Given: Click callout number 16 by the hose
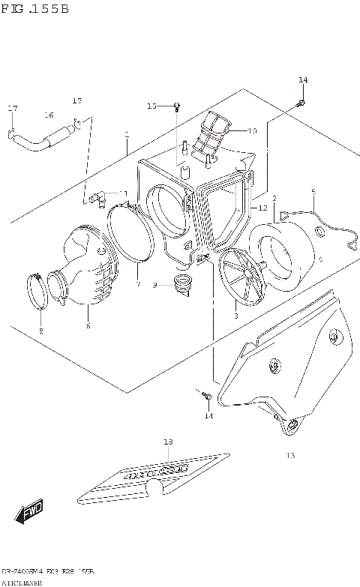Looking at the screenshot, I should [49, 115].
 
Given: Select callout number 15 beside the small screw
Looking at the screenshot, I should [152, 106].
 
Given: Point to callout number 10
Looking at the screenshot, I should [252, 131].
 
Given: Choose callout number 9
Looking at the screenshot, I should [154, 285].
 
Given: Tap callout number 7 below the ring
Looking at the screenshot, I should [138, 285].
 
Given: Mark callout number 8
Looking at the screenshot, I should [40, 330].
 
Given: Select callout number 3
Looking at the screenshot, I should [235, 317].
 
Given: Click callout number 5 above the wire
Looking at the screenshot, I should [313, 192].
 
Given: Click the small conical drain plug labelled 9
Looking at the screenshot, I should [181, 284].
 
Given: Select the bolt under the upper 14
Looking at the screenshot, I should [301, 101].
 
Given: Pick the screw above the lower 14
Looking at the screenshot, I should [205, 394].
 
